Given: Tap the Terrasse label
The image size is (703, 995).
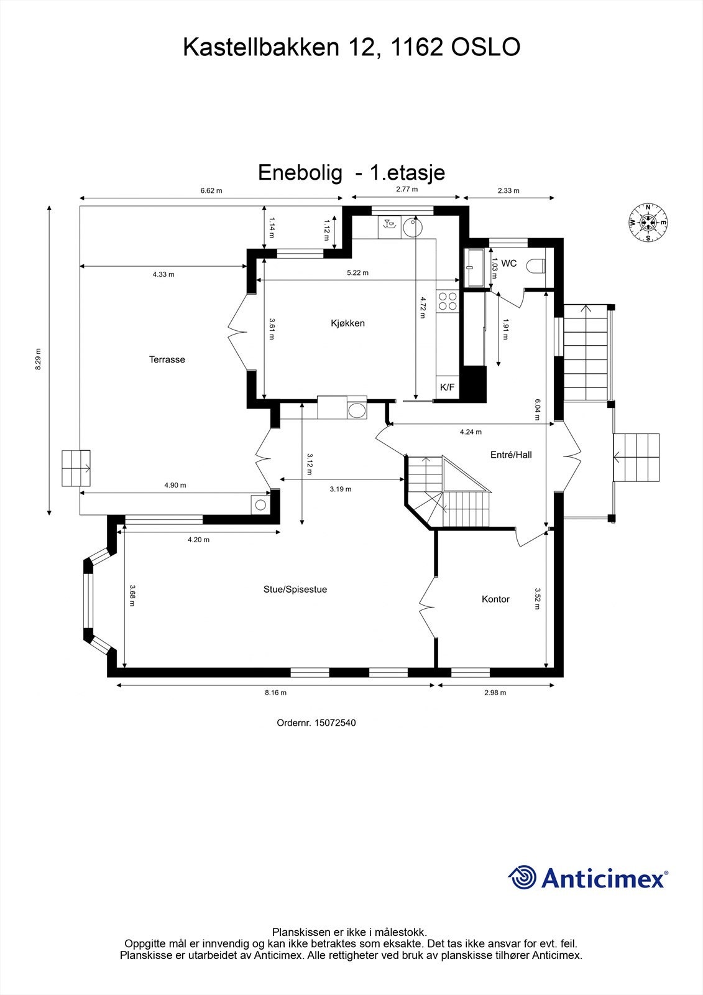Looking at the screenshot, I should click(x=167, y=359).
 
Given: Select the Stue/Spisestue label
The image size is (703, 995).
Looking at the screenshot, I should click(x=295, y=590).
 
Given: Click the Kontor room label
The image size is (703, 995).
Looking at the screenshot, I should click(x=495, y=599).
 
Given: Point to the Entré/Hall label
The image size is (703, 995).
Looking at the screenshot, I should click(x=511, y=455).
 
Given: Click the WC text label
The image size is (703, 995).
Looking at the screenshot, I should click(x=509, y=264).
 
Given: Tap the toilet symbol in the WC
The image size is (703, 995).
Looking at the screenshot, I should click(x=535, y=266).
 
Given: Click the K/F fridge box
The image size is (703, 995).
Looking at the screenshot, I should click(x=447, y=387).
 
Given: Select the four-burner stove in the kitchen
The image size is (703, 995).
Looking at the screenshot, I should click(x=447, y=302).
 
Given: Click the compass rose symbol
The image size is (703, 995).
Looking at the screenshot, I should click(x=648, y=223).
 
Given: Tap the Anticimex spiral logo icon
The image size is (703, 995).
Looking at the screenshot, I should click(x=522, y=877).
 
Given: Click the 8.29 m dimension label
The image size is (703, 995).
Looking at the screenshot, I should click(x=38, y=359).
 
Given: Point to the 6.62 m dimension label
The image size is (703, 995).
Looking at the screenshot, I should click(x=211, y=191).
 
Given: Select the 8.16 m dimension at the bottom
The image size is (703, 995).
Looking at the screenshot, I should click(x=275, y=693).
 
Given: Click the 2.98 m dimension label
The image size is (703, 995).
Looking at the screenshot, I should click(x=495, y=693).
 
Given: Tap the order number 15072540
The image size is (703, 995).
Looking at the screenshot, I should click(x=335, y=723).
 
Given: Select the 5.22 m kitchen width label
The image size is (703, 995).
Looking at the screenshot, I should click(x=357, y=273).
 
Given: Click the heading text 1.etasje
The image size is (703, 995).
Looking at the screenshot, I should click(x=407, y=172).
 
